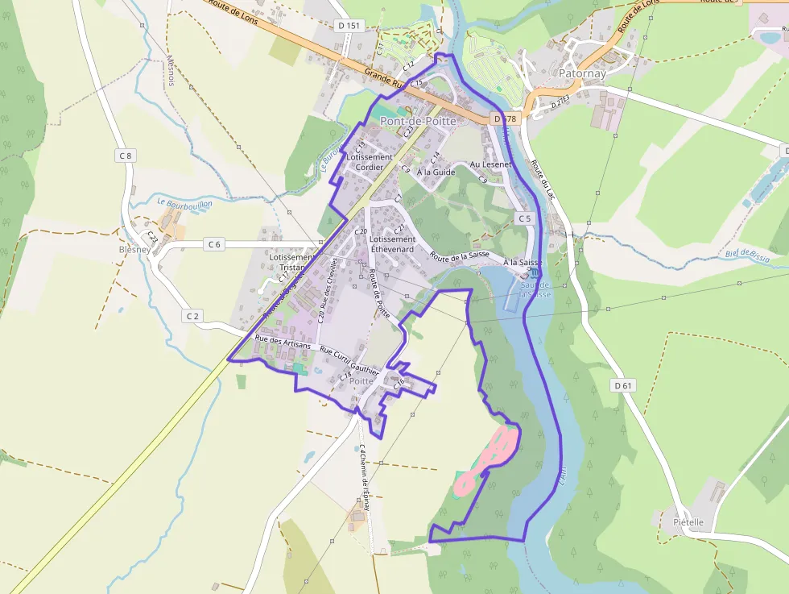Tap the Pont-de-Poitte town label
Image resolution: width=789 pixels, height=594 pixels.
pyautogui.click(x=418, y=121)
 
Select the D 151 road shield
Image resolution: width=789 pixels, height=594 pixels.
pyautogui.click(x=349, y=26)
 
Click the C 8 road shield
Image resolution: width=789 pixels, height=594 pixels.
pyautogui.click(x=124, y=156)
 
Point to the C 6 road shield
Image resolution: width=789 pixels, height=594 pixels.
pyautogui.click(x=213, y=244)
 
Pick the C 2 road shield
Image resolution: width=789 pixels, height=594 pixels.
pyautogui.click(x=192, y=316)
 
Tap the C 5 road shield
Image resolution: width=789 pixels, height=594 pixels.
pyautogui.click(x=525, y=218)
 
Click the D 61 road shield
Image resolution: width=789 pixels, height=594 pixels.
pyautogui.click(x=622, y=385)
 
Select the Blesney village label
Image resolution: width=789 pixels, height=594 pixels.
pyautogui.click(x=134, y=249)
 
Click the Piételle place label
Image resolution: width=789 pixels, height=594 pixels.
pyautogui.click(x=688, y=521)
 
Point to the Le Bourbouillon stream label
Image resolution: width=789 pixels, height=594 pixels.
pyautogui.click(x=184, y=204)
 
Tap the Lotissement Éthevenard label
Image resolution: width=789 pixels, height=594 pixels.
pyautogui.click(x=392, y=244)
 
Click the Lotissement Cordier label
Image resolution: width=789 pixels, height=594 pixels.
pyautogui.click(x=370, y=162)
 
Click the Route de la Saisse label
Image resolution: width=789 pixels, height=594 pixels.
pyautogui.click(x=460, y=256)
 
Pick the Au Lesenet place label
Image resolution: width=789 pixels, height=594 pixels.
pyautogui.click(x=490, y=164)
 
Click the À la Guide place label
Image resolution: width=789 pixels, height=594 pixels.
pyautogui.click(x=436, y=172)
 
